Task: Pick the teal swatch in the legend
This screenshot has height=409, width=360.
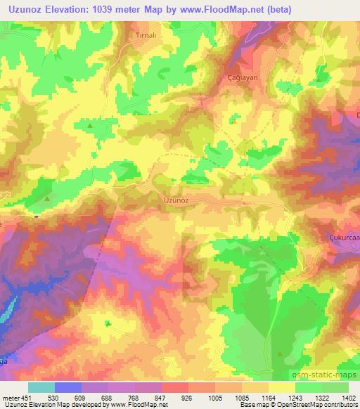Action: (x=41, y=387)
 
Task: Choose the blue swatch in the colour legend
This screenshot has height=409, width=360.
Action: (x=68, y=387)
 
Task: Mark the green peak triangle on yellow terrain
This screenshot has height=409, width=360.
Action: (x=91, y=126)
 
